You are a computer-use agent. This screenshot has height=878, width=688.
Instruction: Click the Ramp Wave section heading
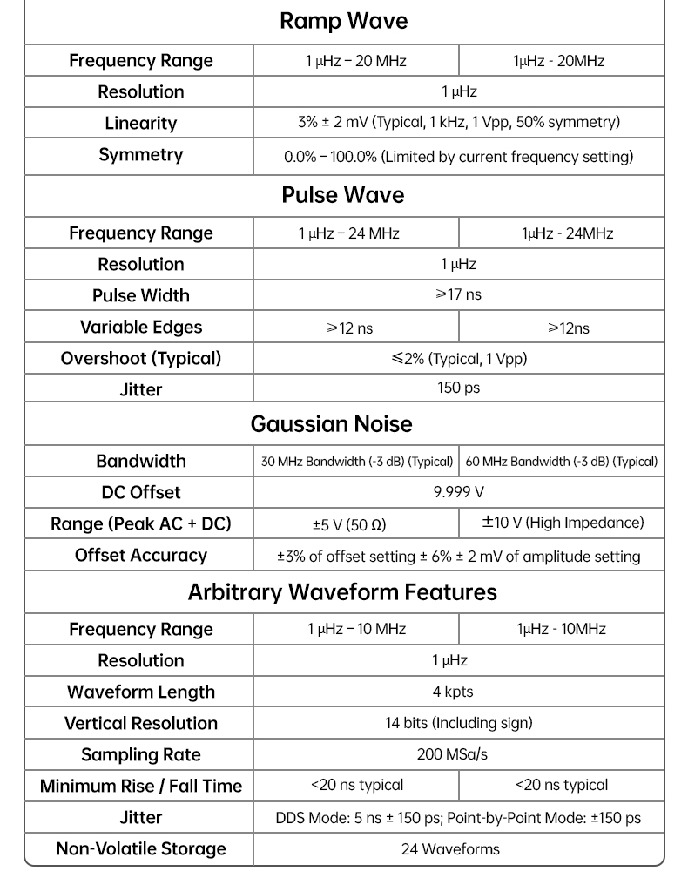pyautogui.click(x=343, y=21)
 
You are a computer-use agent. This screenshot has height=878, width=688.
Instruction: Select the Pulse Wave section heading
pyautogui.click(x=343, y=194)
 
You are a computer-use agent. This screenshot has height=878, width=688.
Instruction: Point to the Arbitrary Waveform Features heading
pyautogui.click(x=342, y=592)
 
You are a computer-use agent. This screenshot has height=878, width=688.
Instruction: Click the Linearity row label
pyautogui.click(x=140, y=123)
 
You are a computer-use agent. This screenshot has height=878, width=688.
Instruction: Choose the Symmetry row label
pyautogui.click(x=140, y=155)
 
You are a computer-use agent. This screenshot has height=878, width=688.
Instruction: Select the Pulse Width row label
pyautogui.click(x=140, y=295)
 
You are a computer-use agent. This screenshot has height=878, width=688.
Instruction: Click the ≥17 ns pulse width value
pyautogui.click(x=458, y=294)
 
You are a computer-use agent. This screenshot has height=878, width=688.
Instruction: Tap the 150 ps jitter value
pyautogui.click(x=458, y=388)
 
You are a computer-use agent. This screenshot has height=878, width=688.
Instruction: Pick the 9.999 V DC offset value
pyautogui.click(x=458, y=492)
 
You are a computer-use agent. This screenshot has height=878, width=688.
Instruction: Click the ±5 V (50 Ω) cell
pyautogui.click(x=349, y=524)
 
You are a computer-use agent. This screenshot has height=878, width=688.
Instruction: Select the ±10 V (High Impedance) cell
pyautogui.click(x=563, y=523)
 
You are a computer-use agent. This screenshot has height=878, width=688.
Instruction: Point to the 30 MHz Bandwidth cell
pyautogui.click(x=357, y=462)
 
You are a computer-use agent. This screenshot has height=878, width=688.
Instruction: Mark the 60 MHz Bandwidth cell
pyautogui.click(x=562, y=462)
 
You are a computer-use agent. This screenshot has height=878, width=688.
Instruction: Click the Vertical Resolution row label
pyautogui.click(x=140, y=723)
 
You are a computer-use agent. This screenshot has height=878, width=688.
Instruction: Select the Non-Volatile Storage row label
pyautogui.click(x=140, y=848)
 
